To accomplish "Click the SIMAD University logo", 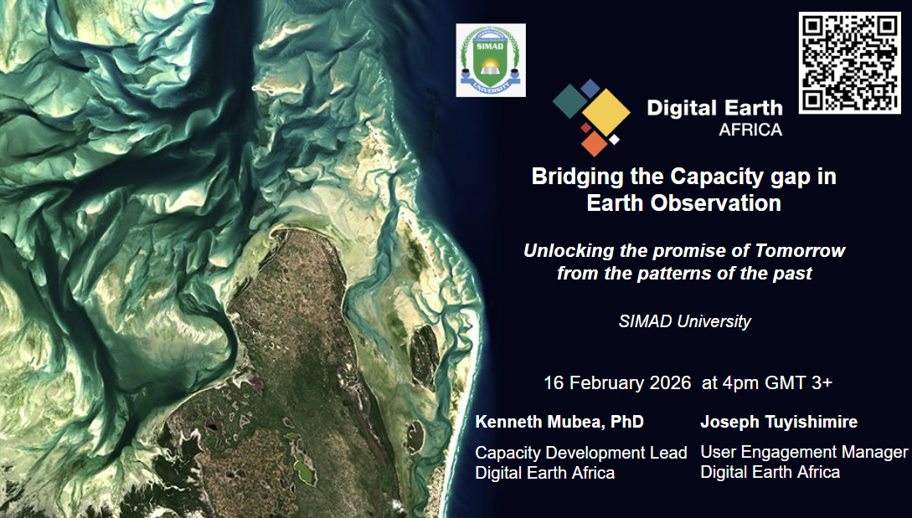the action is point(491,60).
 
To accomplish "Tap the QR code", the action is point(849,63).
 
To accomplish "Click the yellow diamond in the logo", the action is point(606,112).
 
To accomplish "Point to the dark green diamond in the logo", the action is point(570,101).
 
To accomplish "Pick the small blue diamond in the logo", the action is point(590,89).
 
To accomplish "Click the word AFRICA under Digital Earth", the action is point(750,130).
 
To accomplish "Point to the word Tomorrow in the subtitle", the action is point(800,250).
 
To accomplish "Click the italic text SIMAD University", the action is point(684,321).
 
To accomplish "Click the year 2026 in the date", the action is point(670,382).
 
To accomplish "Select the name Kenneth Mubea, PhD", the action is point(559,422).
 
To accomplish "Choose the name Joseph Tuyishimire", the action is point(779,422).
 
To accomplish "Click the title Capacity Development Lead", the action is point(581,453).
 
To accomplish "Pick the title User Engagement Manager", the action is point(804,452).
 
